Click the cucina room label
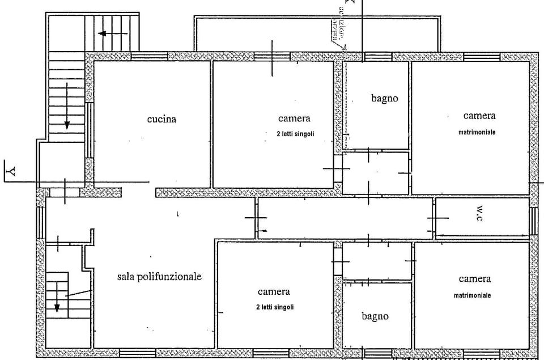pyautogui.click(x=161, y=119)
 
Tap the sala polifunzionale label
pyautogui.click(x=159, y=277)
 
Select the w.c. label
pyautogui.click(x=483, y=215)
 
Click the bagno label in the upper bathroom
pyautogui.click(x=385, y=98)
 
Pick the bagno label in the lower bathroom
pyautogui.click(x=375, y=316)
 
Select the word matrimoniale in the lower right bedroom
pyautogui.click(x=472, y=295)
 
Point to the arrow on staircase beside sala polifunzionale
pyautogui.click(x=57, y=303)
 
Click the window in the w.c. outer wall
pyautogui.click(x=533, y=221)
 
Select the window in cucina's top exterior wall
pyautogui.click(x=149, y=56)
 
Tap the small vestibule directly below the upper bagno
pyautogui.click(x=375, y=172)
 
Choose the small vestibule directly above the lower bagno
pyautogui.click(x=376, y=261)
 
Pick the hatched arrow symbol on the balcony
pyautogui.click(x=337, y=37)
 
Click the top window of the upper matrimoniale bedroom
pyautogui.click(x=482, y=56)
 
